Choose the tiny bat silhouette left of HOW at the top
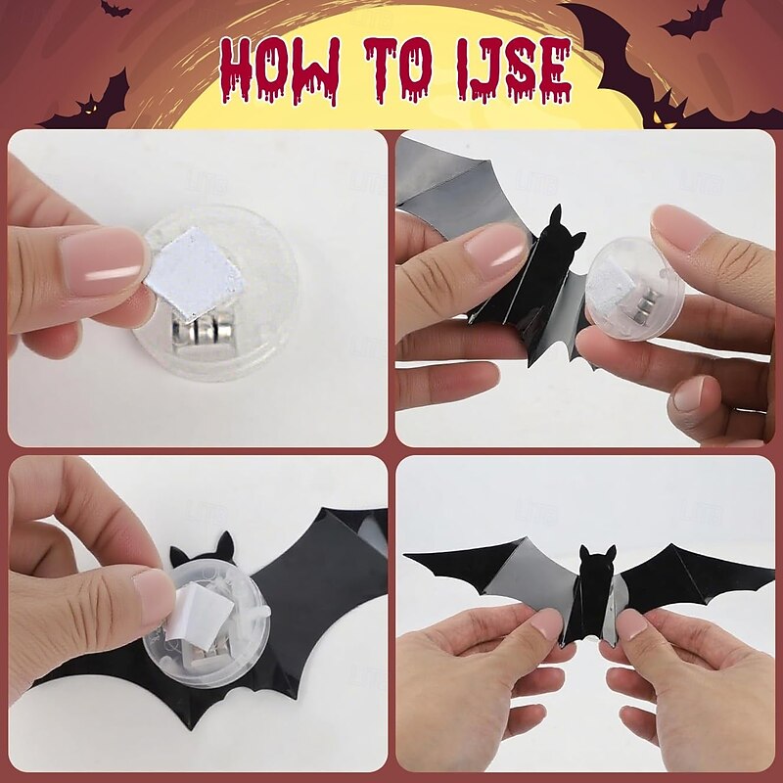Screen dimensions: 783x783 point(115,9)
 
